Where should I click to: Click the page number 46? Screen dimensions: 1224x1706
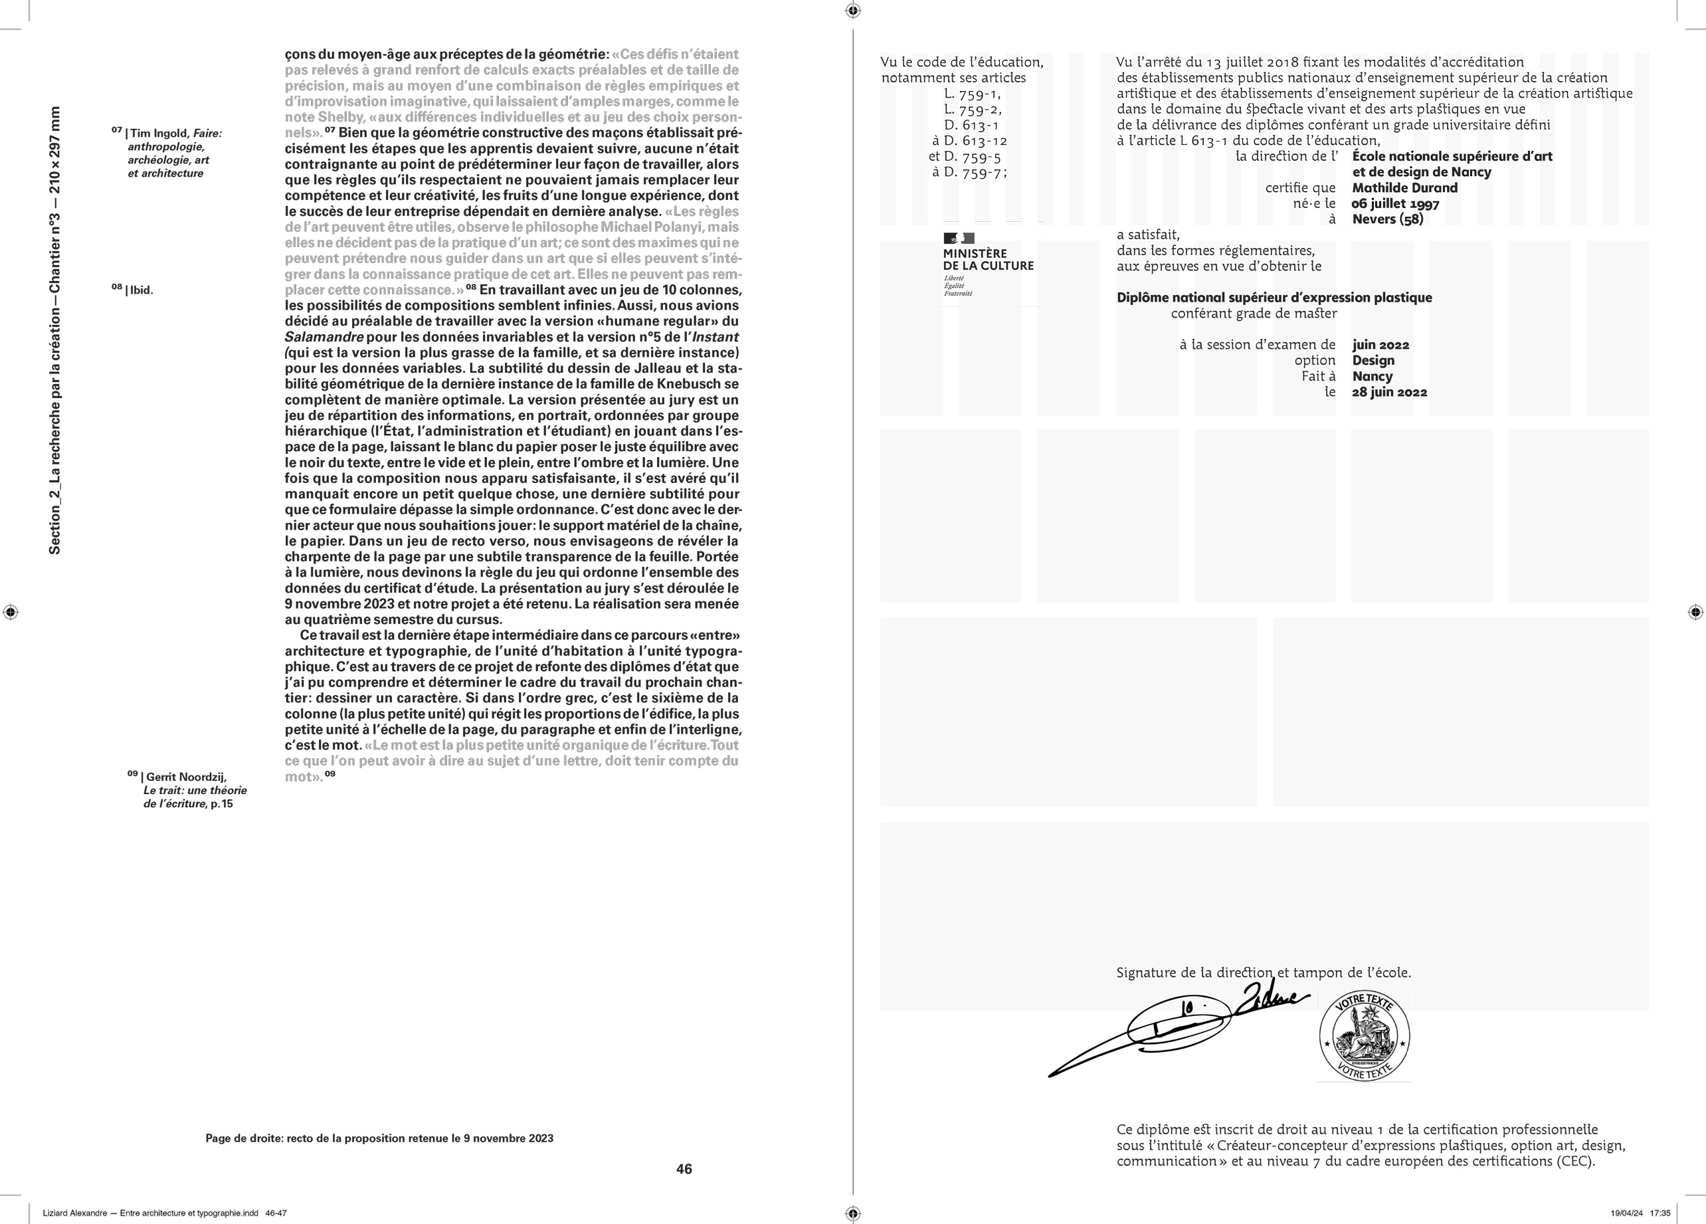pos(684,1169)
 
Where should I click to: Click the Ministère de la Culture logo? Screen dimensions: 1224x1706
pos(988,266)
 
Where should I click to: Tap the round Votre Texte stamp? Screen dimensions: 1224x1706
pos(1364,1037)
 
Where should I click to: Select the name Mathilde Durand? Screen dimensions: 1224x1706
pos(1404,188)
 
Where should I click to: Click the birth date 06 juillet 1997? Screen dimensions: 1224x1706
pos(1395,204)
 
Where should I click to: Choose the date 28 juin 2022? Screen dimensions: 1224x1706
pos(1389,392)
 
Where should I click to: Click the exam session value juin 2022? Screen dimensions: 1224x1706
pos(1380,346)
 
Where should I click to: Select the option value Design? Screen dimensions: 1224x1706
pos(1373,360)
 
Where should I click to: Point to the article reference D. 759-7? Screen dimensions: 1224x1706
pos(969,172)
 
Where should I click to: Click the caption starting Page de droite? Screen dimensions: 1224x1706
pos(379,1138)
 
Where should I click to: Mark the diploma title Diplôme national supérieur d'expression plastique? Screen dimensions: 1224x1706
pos(1274,298)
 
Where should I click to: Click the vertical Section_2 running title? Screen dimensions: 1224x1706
pos(55,330)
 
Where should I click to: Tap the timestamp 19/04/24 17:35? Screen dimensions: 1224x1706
pos(1640,1213)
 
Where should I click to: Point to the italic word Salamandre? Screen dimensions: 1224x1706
pos(324,337)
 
